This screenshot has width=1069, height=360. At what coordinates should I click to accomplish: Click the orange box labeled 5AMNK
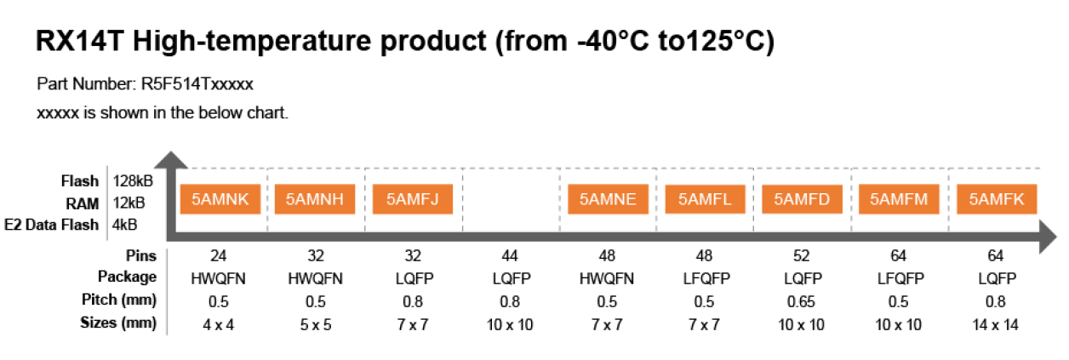(220, 200)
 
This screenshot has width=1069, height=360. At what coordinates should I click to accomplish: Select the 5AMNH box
(314, 200)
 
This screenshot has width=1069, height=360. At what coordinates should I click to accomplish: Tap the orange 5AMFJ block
(412, 200)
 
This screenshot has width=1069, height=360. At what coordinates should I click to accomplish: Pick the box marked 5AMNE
(608, 200)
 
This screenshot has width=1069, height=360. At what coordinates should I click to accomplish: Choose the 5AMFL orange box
(704, 200)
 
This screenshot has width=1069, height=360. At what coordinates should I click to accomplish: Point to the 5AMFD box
(802, 200)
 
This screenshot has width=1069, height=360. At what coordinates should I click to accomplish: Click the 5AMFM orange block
(899, 200)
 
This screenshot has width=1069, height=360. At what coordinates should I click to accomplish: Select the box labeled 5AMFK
(997, 200)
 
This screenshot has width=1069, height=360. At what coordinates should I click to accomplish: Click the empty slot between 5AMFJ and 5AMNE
(511, 200)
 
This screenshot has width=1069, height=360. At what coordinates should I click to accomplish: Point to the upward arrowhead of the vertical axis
(171, 160)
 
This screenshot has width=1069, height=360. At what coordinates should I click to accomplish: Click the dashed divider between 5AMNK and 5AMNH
(267, 198)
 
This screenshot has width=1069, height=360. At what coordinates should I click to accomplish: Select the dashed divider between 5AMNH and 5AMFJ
(365, 198)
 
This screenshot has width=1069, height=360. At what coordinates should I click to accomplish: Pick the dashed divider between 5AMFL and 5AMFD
(753, 198)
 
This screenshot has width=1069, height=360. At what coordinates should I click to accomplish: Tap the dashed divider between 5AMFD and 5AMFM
(851, 198)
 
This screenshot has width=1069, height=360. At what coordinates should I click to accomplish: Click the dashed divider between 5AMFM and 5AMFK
(947, 198)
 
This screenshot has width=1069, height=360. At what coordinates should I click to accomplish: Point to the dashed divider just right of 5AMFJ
(462, 198)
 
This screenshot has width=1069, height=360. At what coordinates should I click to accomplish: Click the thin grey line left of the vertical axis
(106, 203)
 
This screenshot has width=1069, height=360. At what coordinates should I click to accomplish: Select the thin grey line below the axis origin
(167, 292)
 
